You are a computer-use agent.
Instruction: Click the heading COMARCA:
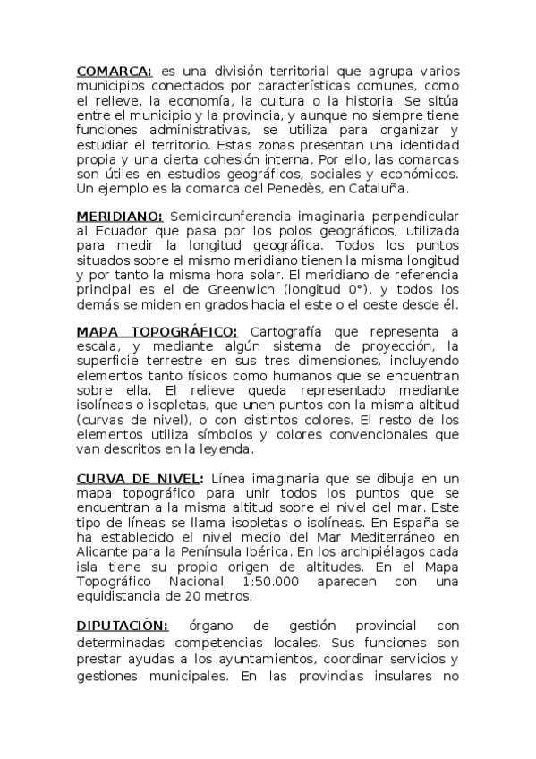pos(115,71)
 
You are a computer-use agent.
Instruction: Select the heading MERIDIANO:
pos(119,217)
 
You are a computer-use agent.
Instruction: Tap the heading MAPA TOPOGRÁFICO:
pos(157,333)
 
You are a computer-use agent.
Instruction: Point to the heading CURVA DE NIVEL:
pos(140,479)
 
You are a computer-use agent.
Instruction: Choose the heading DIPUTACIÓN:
pos(122,625)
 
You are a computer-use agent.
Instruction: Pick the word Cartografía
pos(290,333)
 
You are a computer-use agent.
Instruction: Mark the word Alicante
pos(105,552)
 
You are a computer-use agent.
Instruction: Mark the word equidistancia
pos(119,595)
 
